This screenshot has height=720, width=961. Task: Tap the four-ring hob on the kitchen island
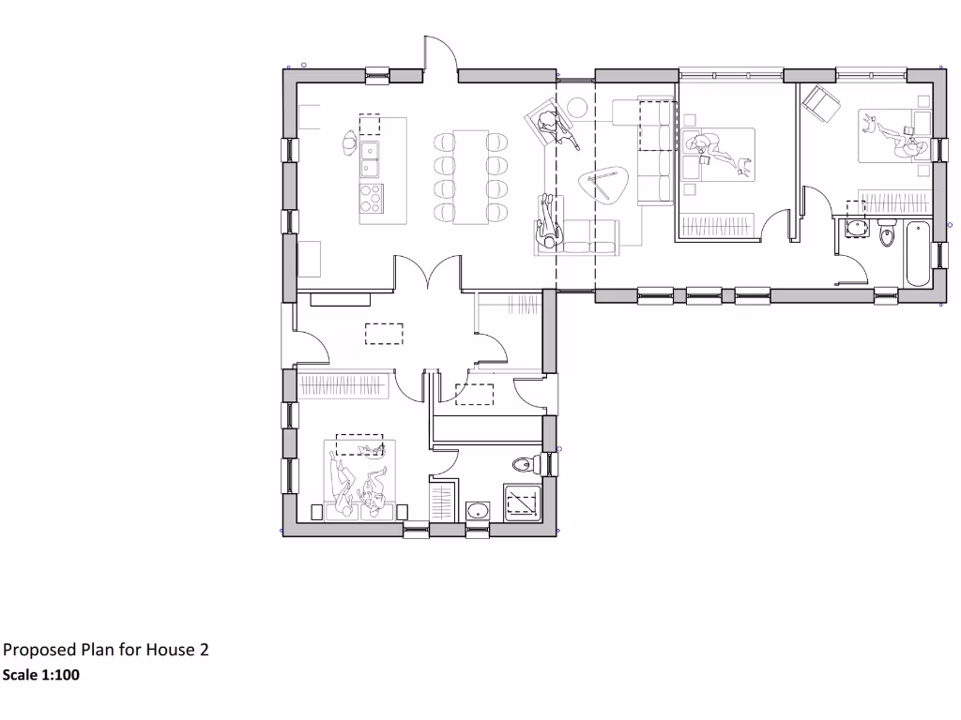(371, 198)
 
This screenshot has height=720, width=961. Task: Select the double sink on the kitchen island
(371, 159)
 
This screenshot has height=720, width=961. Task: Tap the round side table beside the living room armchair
(578, 107)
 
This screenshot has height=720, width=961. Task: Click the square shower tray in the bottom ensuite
(523, 503)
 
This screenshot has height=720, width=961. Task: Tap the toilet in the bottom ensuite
(527, 462)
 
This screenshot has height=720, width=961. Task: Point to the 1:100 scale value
(60, 674)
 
